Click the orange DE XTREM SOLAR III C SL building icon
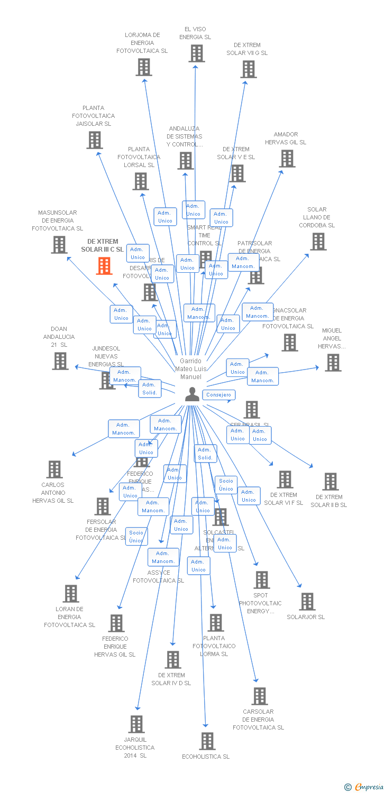point(104,266)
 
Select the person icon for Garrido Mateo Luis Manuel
point(192,394)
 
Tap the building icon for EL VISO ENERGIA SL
point(197,53)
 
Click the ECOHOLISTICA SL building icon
point(207,741)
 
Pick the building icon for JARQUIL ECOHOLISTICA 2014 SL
point(136,724)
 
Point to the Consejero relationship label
point(218,395)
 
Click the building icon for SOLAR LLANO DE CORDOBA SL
point(318,241)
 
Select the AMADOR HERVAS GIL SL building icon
point(287,158)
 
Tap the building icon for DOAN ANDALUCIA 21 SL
point(60,361)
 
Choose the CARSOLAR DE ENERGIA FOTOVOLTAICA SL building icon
point(260,696)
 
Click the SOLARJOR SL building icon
point(307,602)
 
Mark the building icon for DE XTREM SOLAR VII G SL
point(248,69)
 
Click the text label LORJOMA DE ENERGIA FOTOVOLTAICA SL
point(142,43)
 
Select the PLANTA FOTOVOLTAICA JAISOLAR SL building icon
point(95,140)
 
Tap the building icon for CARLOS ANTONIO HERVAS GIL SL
point(54,469)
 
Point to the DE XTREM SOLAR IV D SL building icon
point(173,660)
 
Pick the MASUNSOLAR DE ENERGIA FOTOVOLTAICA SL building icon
point(59,244)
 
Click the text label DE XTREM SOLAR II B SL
point(329,501)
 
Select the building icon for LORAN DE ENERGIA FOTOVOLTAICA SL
point(71,594)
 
